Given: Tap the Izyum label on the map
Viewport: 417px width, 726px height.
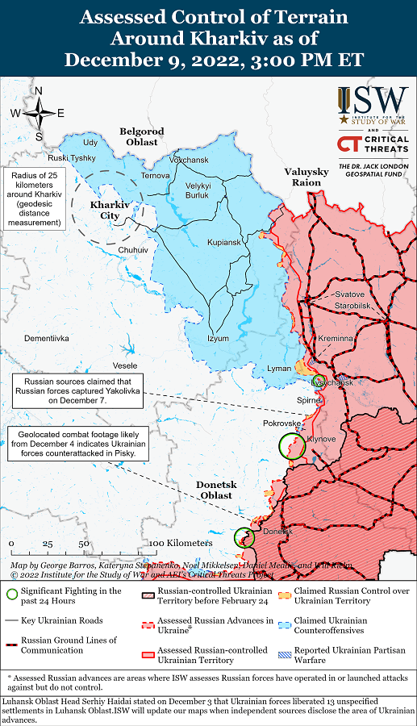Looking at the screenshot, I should pyautogui.click(x=218, y=338).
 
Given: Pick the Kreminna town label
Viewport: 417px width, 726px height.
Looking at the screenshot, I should pyautogui.click(x=336, y=338).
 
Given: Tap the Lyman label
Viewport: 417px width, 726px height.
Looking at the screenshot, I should pyautogui.click(x=279, y=369).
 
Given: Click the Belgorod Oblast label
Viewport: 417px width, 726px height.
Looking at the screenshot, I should pyautogui.click(x=141, y=136).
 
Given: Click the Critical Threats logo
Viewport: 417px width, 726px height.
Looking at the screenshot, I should pyautogui.click(x=373, y=144).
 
